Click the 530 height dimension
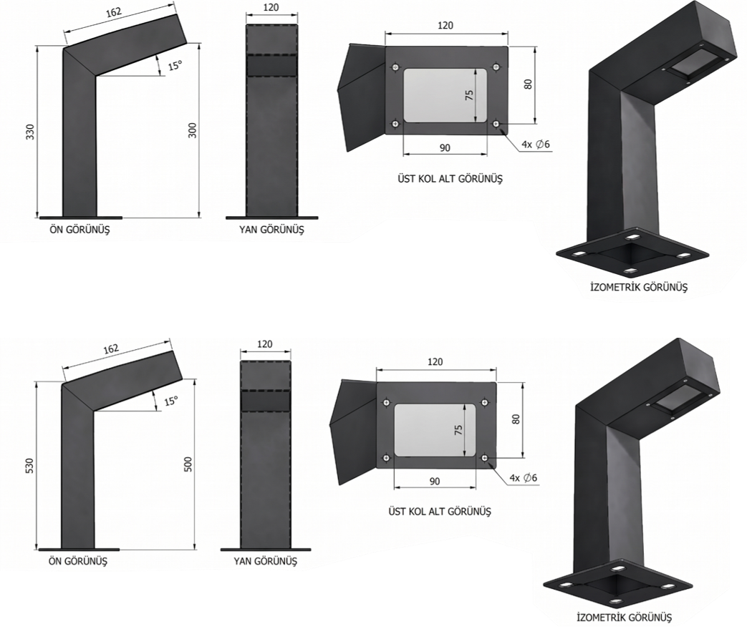point(29,465)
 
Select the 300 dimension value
point(193,130)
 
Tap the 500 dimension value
point(188,464)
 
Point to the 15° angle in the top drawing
point(175,65)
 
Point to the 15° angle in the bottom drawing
point(171,401)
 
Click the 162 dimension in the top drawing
point(114,12)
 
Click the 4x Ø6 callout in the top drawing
point(536,145)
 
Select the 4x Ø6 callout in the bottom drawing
point(523,477)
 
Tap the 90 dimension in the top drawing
point(445,148)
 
